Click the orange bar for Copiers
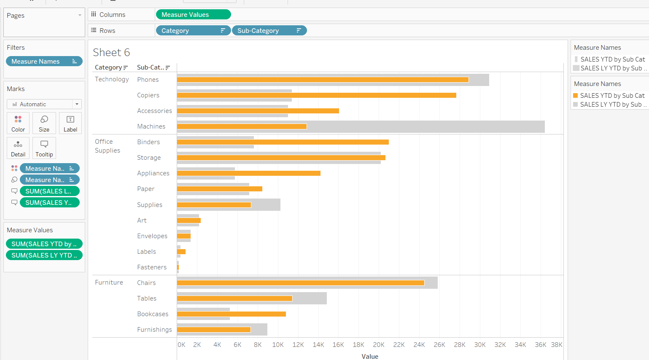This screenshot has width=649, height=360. tap(316, 95)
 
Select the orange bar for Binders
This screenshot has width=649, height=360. tap(283, 142)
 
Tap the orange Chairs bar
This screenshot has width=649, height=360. tap(300, 283)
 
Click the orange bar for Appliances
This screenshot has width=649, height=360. tap(248, 173)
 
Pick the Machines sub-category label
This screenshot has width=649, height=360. tap(151, 126)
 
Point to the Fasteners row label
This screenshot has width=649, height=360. tap(151, 267)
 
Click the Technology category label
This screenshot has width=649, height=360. tap(112, 79)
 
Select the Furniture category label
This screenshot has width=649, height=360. tap(109, 282)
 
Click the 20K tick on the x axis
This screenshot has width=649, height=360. tap(379, 345)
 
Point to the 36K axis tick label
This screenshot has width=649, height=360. tap(541, 345)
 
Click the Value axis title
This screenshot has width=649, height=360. tap(370, 357)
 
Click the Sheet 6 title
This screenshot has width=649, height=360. tap(111, 53)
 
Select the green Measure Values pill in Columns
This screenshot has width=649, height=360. tap(193, 15)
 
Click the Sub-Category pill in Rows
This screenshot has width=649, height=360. tap(269, 31)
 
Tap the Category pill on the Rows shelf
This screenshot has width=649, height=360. tap(193, 31)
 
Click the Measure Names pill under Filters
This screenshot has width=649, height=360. tap(44, 62)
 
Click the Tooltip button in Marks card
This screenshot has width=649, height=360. tap(44, 148)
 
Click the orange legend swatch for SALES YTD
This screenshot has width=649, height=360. tap(575, 96)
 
